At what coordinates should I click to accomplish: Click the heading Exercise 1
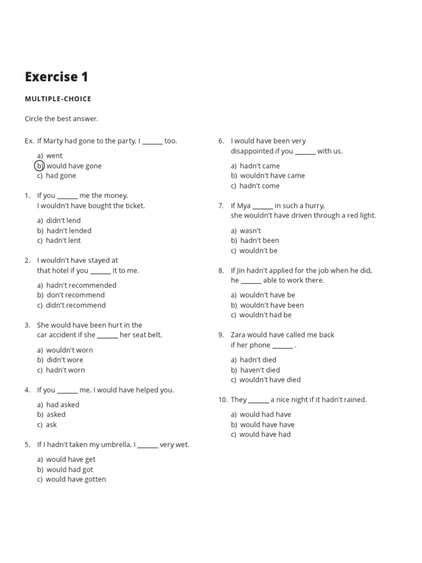pos(57,77)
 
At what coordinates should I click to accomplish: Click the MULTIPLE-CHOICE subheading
pos(58,99)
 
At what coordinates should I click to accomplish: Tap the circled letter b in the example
pos(40,165)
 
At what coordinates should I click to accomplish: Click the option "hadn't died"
pos(258,360)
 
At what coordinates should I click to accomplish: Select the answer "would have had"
pos(265,434)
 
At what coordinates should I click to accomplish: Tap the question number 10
pos(223,400)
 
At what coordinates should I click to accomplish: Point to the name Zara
pos(238,335)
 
